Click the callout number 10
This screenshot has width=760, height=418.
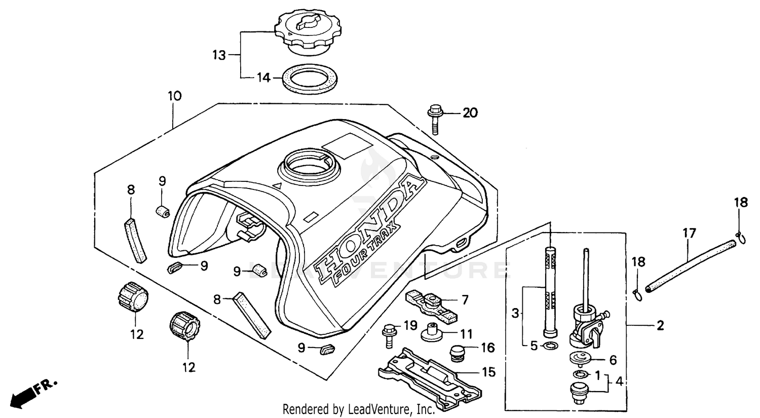(x=174, y=95)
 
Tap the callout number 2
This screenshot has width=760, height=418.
(x=660, y=325)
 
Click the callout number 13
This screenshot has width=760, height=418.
(x=219, y=55)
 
